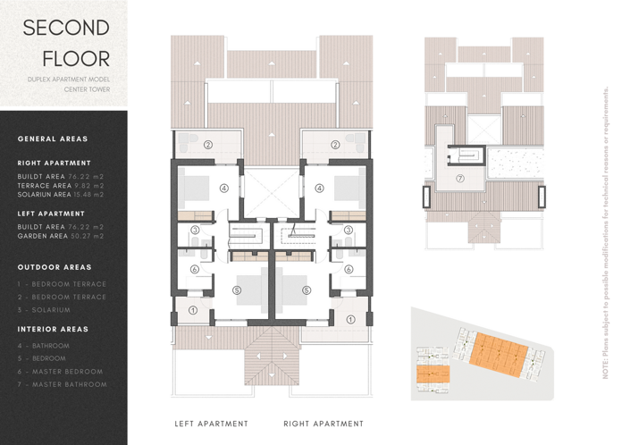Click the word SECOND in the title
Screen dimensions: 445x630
65,28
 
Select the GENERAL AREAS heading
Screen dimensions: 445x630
53,139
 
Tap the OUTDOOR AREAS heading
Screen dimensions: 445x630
55,267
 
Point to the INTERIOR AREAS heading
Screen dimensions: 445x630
53,329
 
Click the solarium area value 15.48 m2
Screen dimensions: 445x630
88,194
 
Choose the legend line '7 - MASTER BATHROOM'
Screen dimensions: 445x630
62,384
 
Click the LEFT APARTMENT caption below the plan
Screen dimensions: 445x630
211,424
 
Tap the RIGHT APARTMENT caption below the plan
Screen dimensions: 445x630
323,424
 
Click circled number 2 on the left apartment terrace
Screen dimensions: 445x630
207,144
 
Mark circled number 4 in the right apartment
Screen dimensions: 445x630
319,189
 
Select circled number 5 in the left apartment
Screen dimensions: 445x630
236,290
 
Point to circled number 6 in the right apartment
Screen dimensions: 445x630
348,269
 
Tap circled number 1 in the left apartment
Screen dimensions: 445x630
194,311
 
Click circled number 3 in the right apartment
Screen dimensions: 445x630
348,231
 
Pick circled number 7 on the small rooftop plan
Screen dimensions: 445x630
460,178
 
